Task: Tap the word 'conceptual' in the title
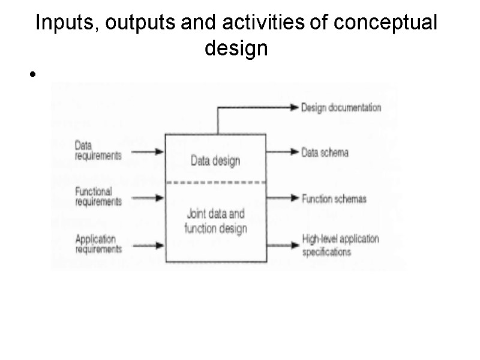click(x=386, y=24)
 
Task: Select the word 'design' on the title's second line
click(x=236, y=49)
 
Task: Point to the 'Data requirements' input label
click(x=98, y=150)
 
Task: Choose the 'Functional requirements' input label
click(x=98, y=196)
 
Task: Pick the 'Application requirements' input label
click(x=98, y=244)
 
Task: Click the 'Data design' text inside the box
click(x=215, y=160)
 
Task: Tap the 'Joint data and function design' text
click(x=215, y=221)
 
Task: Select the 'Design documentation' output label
click(x=341, y=108)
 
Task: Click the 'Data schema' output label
click(x=325, y=152)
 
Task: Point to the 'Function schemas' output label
click(x=334, y=199)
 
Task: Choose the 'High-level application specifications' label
click(x=340, y=245)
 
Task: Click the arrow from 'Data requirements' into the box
click(x=144, y=151)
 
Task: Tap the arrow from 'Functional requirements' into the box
click(x=144, y=197)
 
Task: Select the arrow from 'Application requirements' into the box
click(x=144, y=245)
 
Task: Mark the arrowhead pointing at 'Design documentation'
click(x=294, y=108)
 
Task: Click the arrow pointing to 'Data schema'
click(x=282, y=152)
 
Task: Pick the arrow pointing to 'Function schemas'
click(x=282, y=198)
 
